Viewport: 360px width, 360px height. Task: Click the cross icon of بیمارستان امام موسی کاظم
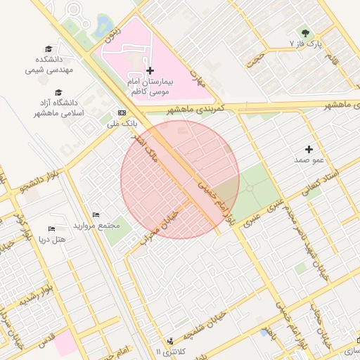(150, 70)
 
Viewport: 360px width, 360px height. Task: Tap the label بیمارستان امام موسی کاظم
(150, 87)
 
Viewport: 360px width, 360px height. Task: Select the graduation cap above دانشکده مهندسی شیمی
(49, 49)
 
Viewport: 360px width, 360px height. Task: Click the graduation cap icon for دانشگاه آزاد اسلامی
(58, 92)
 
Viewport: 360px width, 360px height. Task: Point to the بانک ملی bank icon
(122, 112)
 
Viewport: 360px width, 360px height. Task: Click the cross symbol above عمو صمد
(309, 149)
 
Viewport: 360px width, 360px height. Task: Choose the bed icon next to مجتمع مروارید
(96, 214)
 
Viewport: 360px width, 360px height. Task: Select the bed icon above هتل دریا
(51, 229)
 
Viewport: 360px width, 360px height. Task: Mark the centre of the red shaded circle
(180, 180)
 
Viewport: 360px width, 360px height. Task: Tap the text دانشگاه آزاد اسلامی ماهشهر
(58, 108)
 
